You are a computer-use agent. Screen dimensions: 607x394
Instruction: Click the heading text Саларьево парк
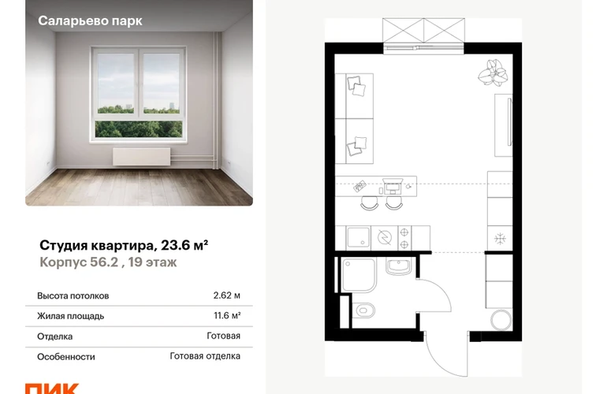click(x=90, y=20)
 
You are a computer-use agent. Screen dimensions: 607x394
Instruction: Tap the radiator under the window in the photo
click(x=142, y=156)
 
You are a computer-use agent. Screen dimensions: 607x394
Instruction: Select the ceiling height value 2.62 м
click(x=226, y=295)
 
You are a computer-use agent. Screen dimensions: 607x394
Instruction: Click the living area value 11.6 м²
click(x=227, y=315)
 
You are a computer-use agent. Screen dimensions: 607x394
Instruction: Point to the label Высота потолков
click(x=73, y=295)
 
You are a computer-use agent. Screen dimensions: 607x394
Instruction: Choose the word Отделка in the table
click(x=54, y=336)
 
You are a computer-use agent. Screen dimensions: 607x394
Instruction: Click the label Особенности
click(x=65, y=356)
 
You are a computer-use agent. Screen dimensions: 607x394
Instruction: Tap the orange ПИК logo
click(x=52, y=388)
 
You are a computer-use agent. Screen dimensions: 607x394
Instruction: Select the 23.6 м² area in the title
click(x=184, y=245)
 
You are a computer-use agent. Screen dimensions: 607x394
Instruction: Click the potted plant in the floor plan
click(x=493, y=72)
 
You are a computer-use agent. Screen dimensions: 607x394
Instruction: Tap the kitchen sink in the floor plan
click(x=358, y=237)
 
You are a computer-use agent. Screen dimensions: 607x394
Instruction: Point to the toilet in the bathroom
click(x=364, y=310)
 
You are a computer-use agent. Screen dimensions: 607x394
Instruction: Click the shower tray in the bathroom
click(x=359, y=275)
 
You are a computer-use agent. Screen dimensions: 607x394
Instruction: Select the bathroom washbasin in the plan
click(x=398, y=266)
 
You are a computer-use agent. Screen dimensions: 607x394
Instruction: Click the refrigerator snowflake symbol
click(x=500, y=239)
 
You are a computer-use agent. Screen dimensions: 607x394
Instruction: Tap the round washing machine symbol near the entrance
click(x=501, y=320)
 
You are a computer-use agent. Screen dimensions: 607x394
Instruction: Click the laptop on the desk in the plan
click(x=393, y=185)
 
